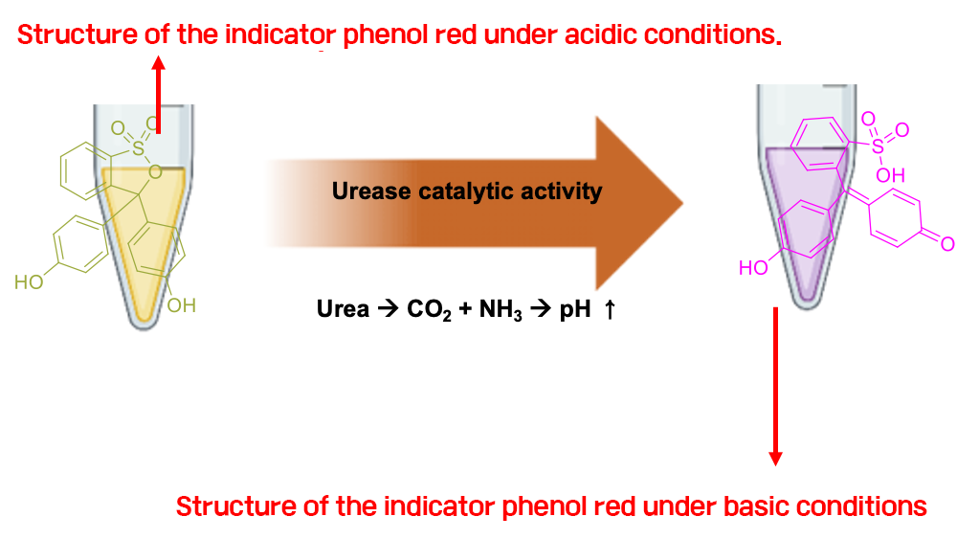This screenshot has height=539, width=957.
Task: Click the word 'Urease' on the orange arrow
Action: (x=371, y=191)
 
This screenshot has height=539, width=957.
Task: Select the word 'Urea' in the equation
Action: (x=343, y=309)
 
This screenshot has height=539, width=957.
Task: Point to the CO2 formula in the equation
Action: (x=429, y=309)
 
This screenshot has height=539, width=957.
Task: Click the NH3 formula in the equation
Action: (x=501, y=309)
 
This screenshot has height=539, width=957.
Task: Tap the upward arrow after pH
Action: (x=609, y=309)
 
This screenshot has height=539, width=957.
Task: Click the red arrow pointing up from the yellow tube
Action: (x=159, y=95)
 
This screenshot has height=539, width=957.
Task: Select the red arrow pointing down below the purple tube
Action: (x=776, y=387)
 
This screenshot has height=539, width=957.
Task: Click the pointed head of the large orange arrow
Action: (x=682, y=203)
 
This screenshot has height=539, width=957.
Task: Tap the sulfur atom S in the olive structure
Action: (x=139, y=147)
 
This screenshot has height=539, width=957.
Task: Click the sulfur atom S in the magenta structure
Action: (x=878, y=146)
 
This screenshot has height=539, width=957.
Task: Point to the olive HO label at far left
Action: (x=30, y=282)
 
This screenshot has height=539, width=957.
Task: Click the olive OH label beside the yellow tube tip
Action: (x=181, y=305)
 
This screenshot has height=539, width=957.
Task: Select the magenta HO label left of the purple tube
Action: (x=753, y=268)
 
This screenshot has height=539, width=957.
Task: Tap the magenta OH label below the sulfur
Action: (x=890, y=176)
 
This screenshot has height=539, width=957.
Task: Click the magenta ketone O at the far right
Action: (x=947, y=244)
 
